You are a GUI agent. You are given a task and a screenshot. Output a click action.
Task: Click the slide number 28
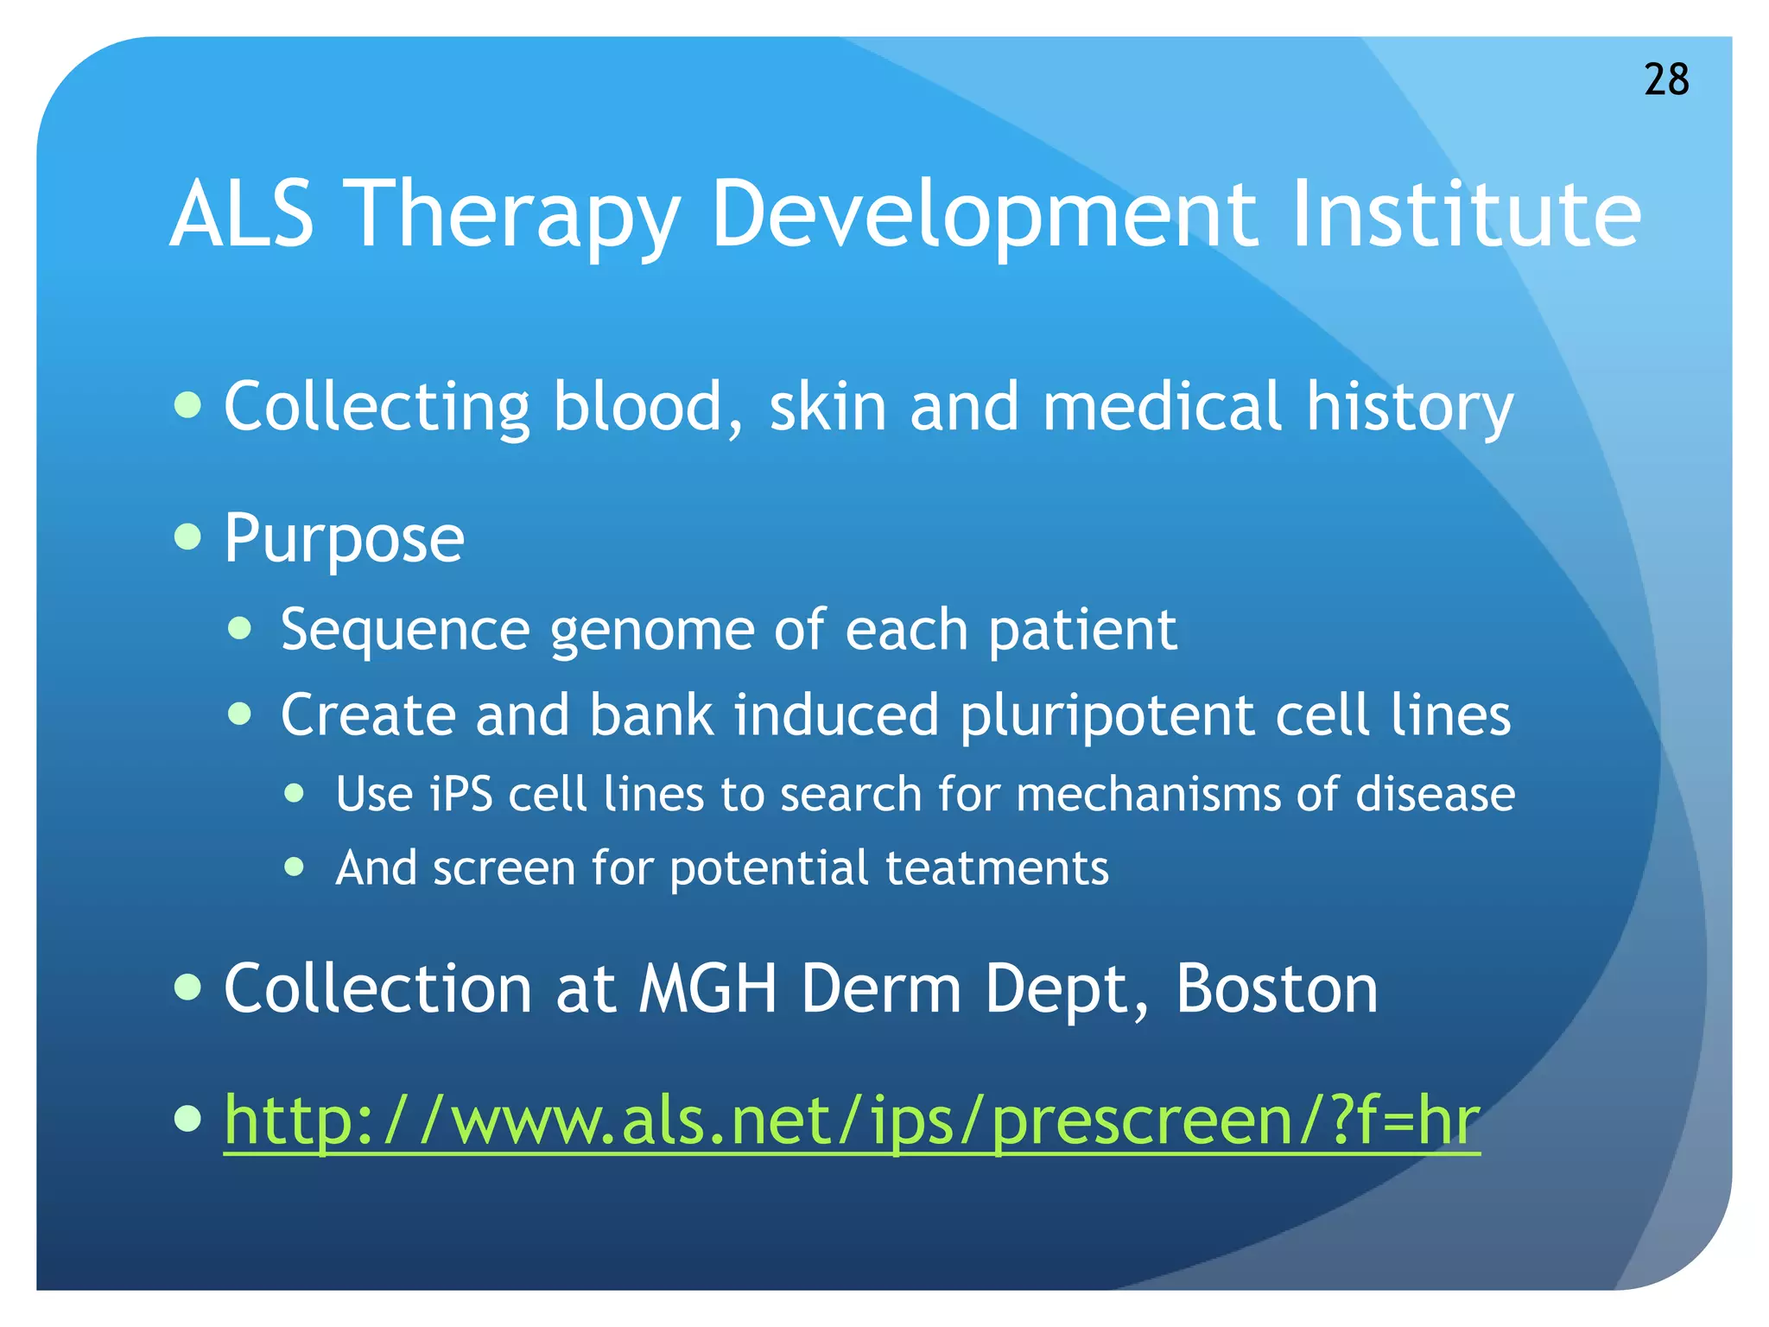click(x=1666, y=79)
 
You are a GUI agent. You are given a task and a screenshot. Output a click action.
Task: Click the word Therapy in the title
click(x=516, y=216)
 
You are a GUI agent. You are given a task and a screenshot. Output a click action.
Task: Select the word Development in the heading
click(x=984, y=216)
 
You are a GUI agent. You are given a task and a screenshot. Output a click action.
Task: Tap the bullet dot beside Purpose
click(x=187, y=537)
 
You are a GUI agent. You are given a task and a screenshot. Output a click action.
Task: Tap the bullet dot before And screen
click(x=295, y=866)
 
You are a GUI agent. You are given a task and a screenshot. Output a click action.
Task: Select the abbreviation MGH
click(x=707, y=988)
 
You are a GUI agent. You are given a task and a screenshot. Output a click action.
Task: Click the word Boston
click(x=1276, y=988)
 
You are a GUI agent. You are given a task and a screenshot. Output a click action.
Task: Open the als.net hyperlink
click(x=852, y=1121)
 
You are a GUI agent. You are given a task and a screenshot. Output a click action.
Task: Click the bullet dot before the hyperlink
click(x=187, y=1119)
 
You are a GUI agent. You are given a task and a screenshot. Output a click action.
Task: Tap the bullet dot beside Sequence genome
click(x=240, y=628)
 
